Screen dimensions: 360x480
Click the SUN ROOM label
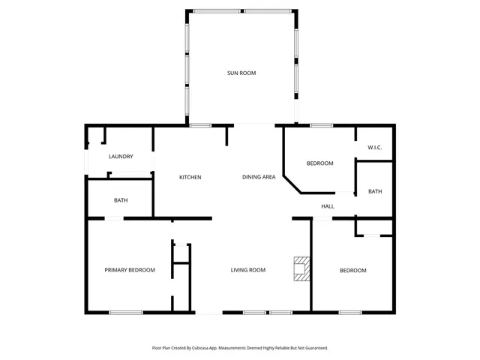pyautogui.click(x=241, y=73)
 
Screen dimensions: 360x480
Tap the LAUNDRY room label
pyautogui.click(x=121, y=157)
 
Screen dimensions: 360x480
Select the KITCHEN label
pyautogui.click(x=190, y=177)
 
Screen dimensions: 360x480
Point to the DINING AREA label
pyautogui.click(x=259, y=177)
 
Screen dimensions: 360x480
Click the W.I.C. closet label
pyautogui.click(x=375, y=148)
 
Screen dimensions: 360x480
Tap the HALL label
pyautogui.click(x=328, y=206)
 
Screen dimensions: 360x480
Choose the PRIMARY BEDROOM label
pyautogui.click(x=130, y=270)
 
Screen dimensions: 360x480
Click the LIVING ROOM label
pyautogui.click(x=248, y=270)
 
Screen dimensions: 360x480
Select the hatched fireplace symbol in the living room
pyautogui.click(x=301, y=268)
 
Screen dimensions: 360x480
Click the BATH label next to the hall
pyautogui.click(x=375, y=191)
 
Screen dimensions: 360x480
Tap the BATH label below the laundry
pyautogui.click(x=121, y=200)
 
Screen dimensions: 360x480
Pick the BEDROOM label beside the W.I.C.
pyautogui.click(x=320, y=163)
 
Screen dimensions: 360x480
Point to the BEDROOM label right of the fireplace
pyautogui.click(x=353, y=270)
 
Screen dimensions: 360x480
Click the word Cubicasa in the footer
pyautogui.click(x=198, y=348)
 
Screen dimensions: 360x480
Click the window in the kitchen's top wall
pyautogui.click(x=199, y=125)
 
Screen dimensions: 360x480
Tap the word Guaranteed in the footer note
pyautogui.click(x=313, y=348)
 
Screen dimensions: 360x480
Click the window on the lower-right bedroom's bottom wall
pyautogui.click(x=349, y=312)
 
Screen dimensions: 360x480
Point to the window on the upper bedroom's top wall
pyautogui.click(x=321, y=125)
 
